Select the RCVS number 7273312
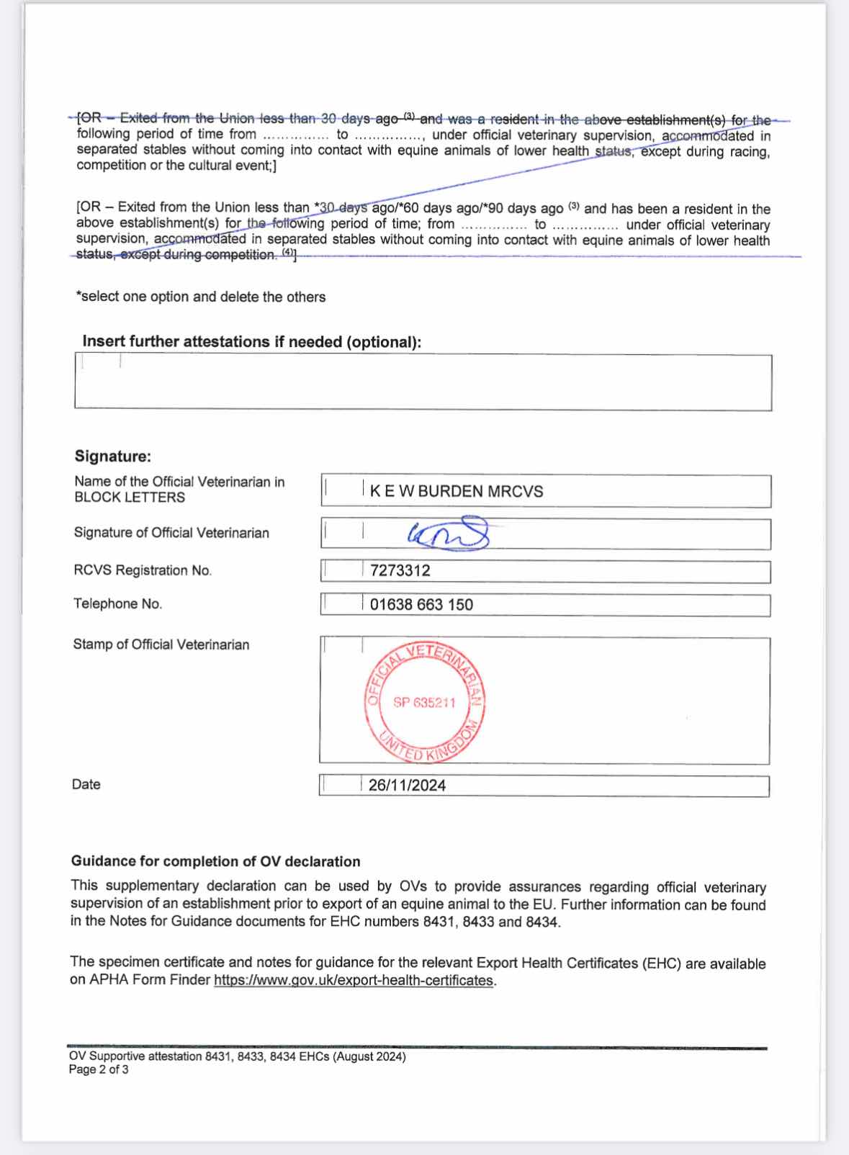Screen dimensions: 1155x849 point(400,571)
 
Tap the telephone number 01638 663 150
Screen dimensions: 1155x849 point(421,605)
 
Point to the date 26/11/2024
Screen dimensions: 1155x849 point(407,786)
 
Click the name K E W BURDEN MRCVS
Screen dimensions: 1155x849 point(457,492)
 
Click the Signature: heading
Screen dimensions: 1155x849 point(113,457)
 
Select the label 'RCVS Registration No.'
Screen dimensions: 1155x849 point(143,570)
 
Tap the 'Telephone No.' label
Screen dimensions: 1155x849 point(117,603)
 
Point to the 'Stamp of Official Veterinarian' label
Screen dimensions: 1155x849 point(161,644)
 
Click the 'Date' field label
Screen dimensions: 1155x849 point(86,784)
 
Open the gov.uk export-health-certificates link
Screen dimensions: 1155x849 point(354,981)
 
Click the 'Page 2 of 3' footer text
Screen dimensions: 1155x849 point(99,1070)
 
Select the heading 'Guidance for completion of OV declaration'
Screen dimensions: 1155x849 point(215,862)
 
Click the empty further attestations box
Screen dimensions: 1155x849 point(423,382)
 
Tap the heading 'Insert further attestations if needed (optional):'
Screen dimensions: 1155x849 point(251,342)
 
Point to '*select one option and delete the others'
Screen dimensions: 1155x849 point(201,297)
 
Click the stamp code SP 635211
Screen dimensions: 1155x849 point(424,703)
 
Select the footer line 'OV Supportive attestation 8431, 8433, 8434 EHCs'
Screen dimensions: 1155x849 point(237,1057)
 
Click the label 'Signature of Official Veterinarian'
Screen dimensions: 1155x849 point(171,533)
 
